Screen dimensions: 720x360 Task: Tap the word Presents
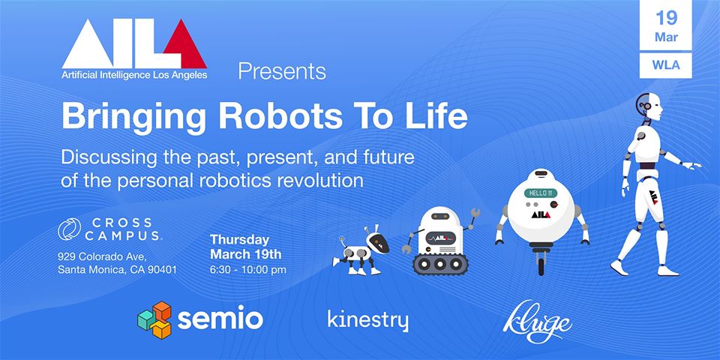(282, 71)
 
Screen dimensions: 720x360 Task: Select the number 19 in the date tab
(666, 18)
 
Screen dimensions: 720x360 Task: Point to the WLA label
(666, 64)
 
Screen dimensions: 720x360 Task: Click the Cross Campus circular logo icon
(69, 229)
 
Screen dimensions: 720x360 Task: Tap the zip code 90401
(162, 269)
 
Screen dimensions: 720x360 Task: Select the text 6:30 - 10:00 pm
(248, 269)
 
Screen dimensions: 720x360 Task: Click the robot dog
(361, 252)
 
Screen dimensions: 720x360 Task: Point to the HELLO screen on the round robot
(540, 193)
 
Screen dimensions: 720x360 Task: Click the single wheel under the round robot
(541, 263)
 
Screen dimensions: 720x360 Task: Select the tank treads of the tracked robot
(440, 264)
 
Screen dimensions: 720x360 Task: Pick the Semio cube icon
(154, 319)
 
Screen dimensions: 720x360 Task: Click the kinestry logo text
(367, 320)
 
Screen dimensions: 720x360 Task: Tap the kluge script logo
(537, 322)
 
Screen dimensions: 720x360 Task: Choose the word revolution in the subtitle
(319, 179)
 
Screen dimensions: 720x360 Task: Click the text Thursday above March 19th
(239, 240)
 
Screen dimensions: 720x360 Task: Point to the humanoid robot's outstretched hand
(692, 165)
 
